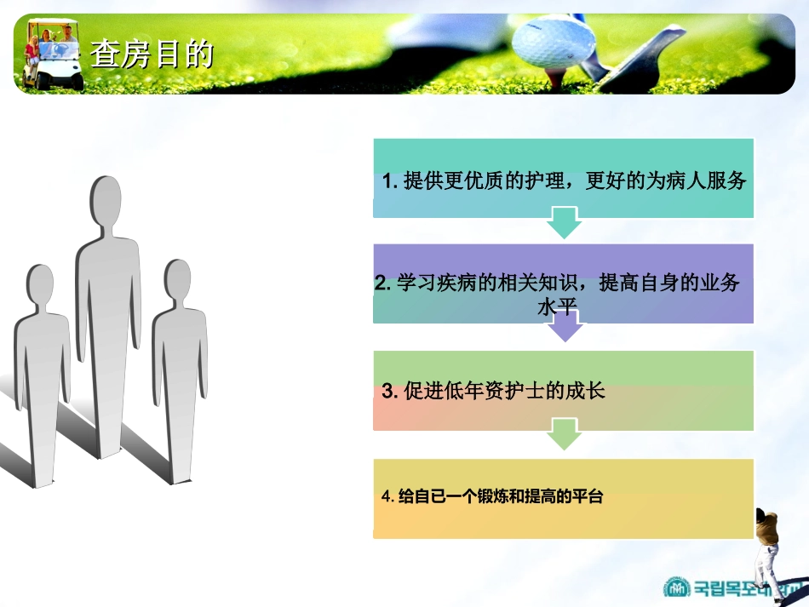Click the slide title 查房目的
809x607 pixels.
[x=152, y=55]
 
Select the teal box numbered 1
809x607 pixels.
[x=563, y=178]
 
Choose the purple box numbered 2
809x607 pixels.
[x=563, y=283]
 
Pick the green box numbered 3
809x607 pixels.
[x=563, y=390]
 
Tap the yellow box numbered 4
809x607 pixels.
[x=563, y=498]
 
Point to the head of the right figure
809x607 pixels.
[x=178, y=282]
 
